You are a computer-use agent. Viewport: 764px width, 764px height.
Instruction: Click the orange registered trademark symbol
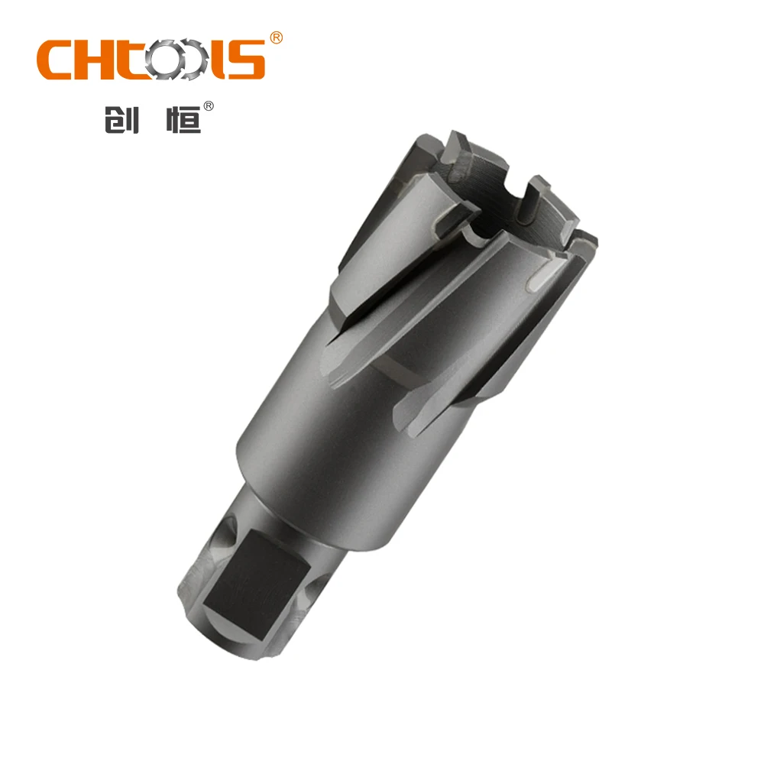tap(276, 37)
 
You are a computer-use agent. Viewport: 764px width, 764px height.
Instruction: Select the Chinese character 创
tap(121, 120)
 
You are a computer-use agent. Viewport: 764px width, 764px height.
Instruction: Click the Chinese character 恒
tap(182, 120)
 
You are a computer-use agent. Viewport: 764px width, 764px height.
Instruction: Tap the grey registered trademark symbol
tap(206, 108)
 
